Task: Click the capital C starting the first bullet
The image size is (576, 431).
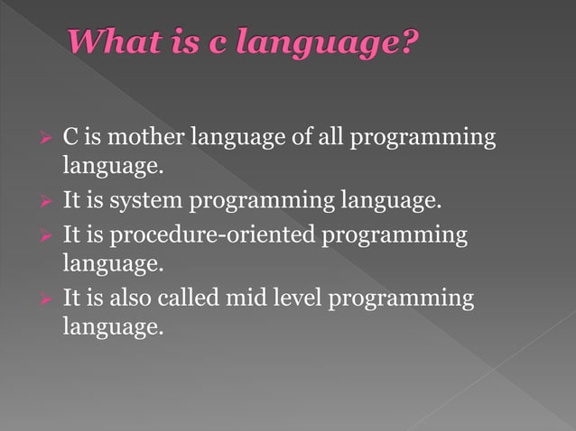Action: pos(69,138)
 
